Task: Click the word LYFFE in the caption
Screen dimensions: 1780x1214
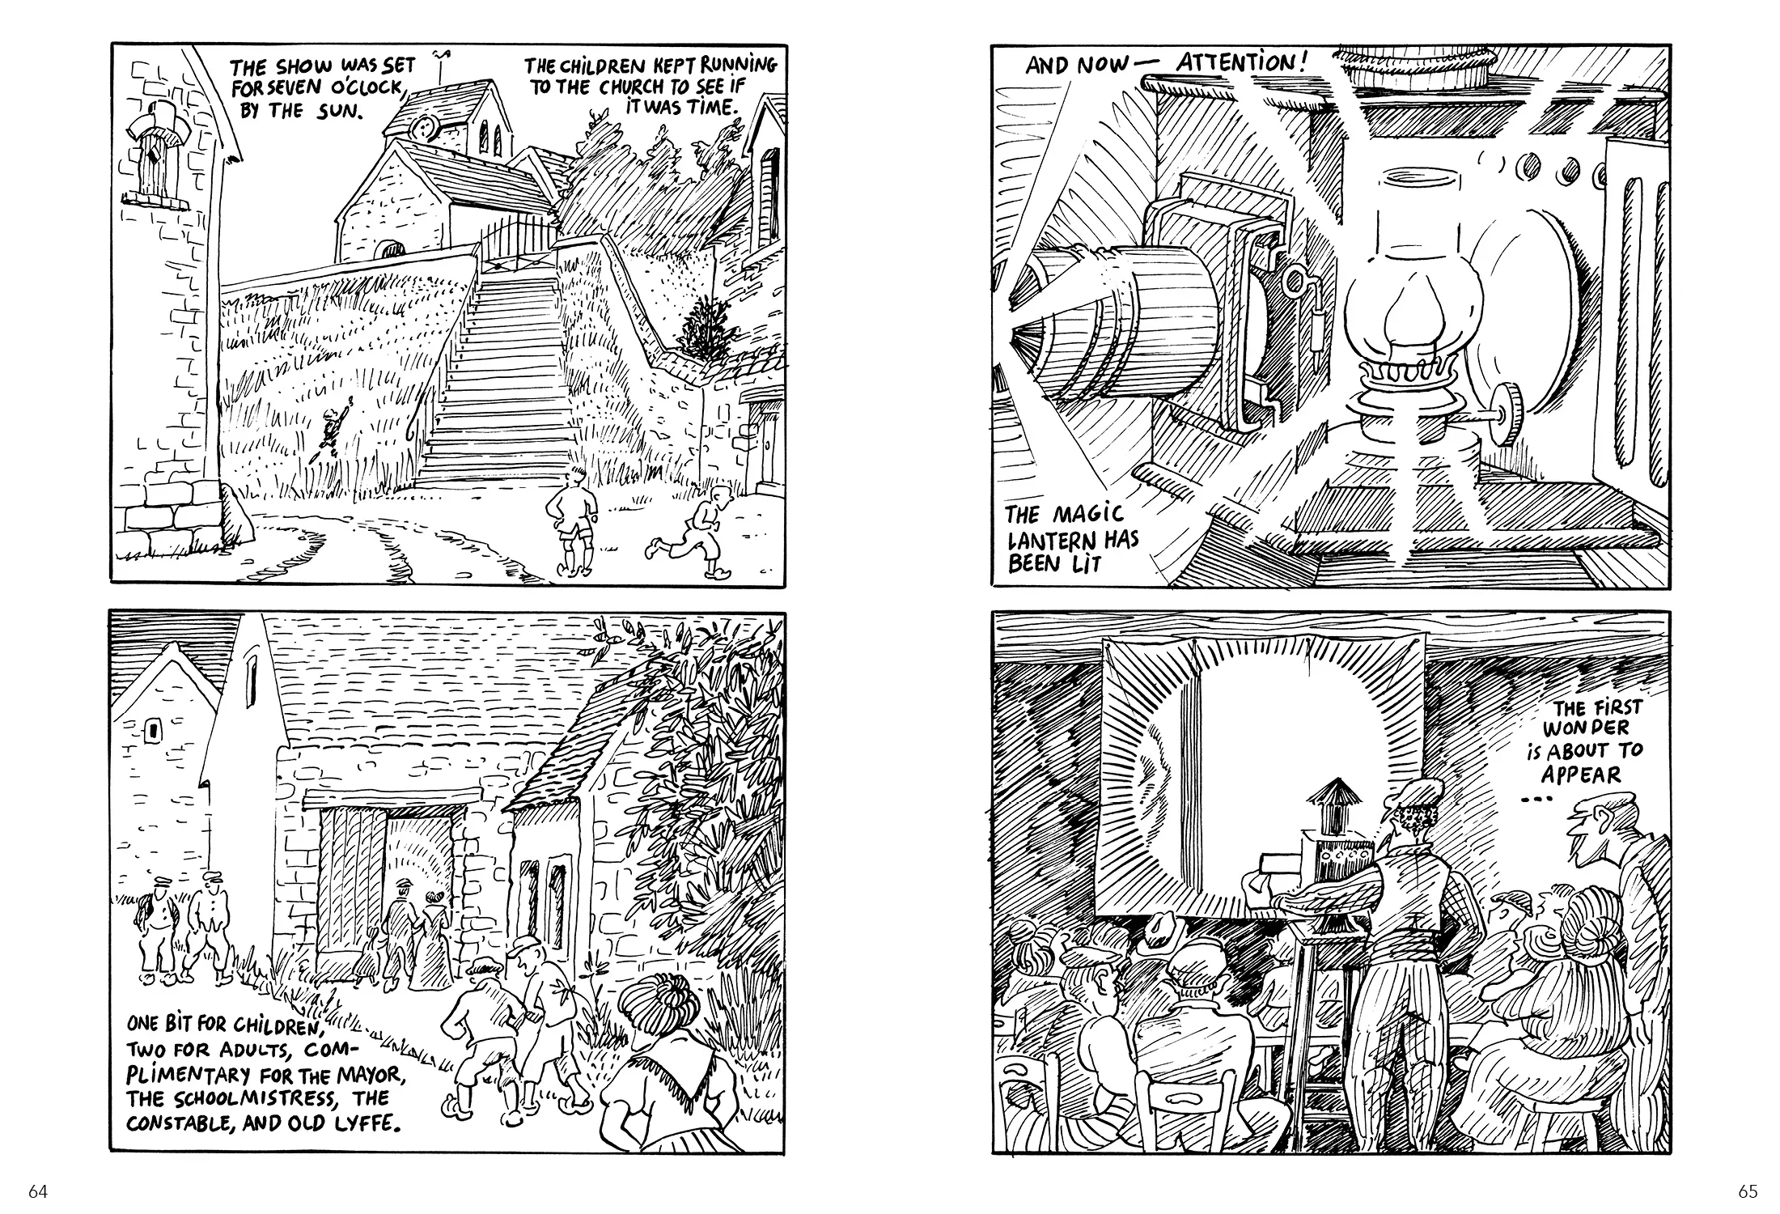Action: (368, 1124)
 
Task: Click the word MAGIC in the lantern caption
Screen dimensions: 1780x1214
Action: (1089, 515)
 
